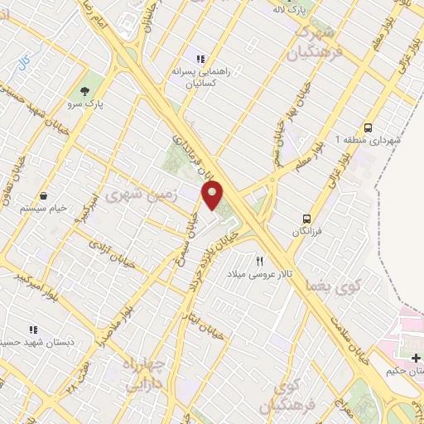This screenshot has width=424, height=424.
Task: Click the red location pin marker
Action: click(x=213, y=195)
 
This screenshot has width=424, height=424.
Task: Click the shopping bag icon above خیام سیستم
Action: click(x=43, y=196)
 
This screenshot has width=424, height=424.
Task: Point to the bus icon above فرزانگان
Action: click(x=306, y=219)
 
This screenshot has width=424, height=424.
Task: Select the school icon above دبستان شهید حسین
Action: click(x=33, y=330)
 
